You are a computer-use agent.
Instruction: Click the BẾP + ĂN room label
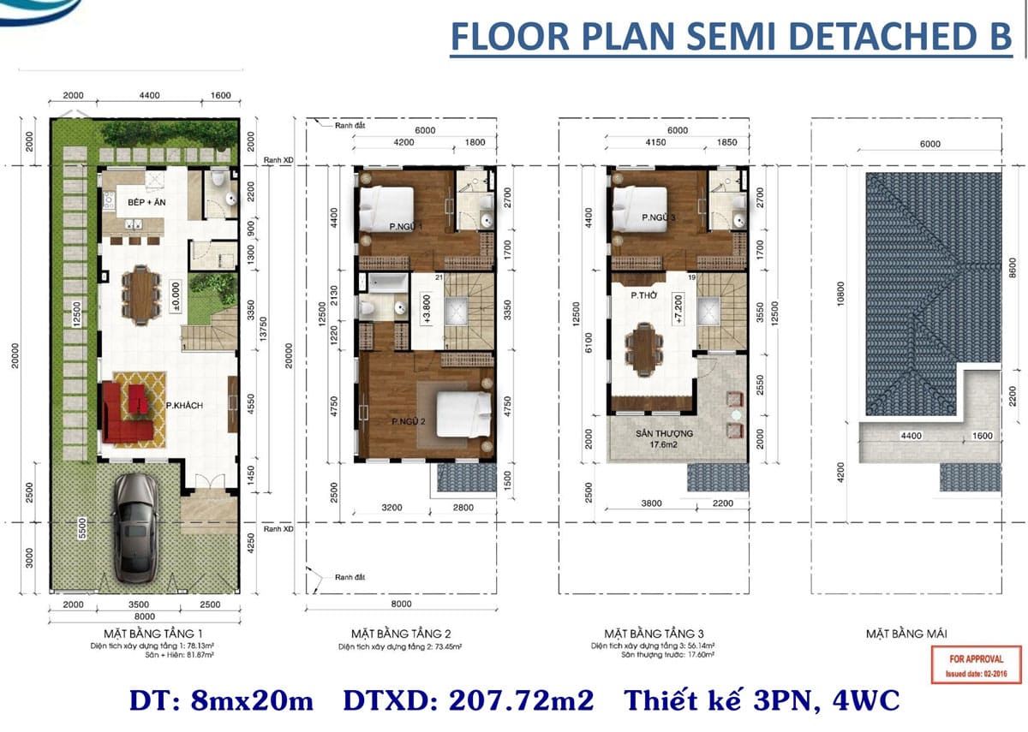pyautogui.click(x=146, y=202)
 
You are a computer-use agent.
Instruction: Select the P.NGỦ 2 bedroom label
pyautogui.click(x=409, y=421)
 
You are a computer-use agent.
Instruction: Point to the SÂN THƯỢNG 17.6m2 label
pyautogui.click(x=663, y=438)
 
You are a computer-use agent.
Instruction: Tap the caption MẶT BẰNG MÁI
pyautogui.click(x=905, y=634)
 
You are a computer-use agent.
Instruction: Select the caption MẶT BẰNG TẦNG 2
pyautogui.click(x=401, y=634)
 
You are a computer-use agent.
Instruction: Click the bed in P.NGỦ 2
pyautogui.click(x=463, y=414)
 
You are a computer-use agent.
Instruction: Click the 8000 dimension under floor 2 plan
pyautogui.click(x=401, y=603)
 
